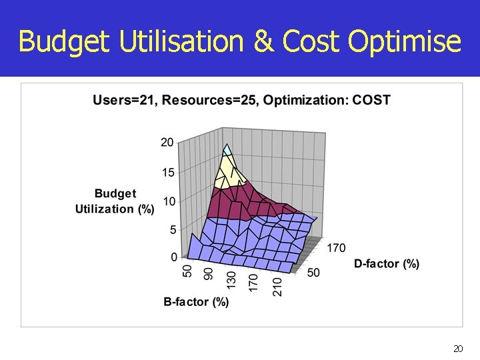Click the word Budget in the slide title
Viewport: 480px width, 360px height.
65,41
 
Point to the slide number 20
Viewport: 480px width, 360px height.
457,349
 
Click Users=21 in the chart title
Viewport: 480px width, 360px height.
124,101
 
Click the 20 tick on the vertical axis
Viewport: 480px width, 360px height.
167,142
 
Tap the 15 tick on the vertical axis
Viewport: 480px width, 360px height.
167,172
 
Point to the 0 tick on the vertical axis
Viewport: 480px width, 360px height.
173,257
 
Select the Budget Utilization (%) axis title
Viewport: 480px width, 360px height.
115,201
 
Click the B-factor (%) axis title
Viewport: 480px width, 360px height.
197,302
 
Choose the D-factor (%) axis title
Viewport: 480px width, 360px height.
387,264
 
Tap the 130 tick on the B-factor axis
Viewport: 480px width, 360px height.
231,279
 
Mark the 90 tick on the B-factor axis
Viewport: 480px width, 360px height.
209,275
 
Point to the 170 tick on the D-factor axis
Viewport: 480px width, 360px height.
336,248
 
